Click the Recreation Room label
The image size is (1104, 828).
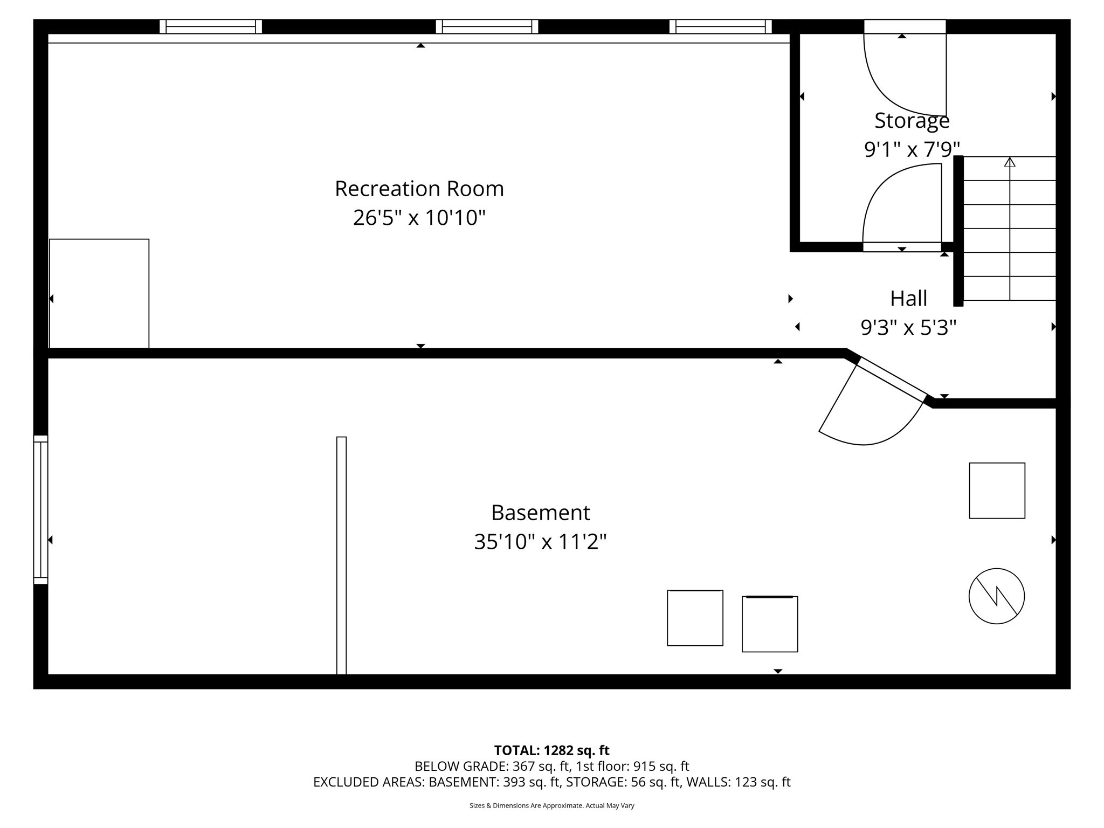(x=419, y=189)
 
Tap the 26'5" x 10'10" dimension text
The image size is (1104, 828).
(x=419, y=218)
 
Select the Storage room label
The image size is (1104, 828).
(x=912, y=121)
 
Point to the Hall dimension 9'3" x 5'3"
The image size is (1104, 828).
(x=908, y=327)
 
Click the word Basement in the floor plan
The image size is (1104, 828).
(x=540, y=513)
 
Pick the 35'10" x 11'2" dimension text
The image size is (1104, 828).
(x=540, y=542)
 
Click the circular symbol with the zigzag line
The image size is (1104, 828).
(x=996, y=596)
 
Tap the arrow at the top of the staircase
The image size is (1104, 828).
(x=1010, y=162)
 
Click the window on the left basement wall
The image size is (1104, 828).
(x=41, y=509)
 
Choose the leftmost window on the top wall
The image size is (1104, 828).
(x=210, y=26)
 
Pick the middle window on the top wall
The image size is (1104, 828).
(x=487, y=26)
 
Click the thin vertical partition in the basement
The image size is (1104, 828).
(x=341, y=555)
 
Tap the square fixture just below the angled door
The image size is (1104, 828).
(x=997, y=491)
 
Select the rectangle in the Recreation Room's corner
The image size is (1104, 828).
(x=99, y=294)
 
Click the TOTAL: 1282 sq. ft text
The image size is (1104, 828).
(x=551, y=750)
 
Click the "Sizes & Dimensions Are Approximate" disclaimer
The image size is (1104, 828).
(x=551, y=805)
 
